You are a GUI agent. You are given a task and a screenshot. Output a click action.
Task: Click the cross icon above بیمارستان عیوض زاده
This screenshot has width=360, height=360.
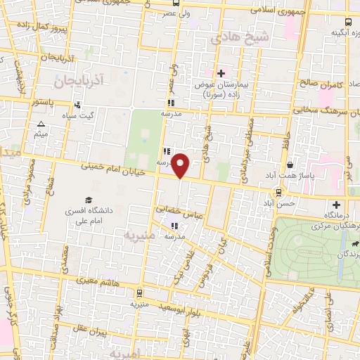(x=220, y=73)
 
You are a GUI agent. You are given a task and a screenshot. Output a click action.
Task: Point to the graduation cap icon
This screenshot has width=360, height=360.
(x=89, y=200)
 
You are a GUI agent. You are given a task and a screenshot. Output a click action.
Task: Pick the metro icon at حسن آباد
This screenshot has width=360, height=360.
(x=278, y=192)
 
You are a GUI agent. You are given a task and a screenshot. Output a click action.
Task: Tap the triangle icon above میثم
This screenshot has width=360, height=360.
(x=41, y=124)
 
